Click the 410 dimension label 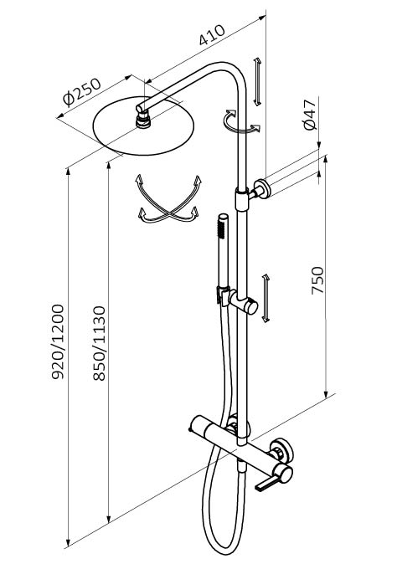click(212, 35)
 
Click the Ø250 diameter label click(82, 92)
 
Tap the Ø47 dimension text click(310, 115)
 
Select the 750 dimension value click(317, 280)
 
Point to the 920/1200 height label click(58, 341)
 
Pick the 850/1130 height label click(99, 343)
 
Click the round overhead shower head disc click(143, 126)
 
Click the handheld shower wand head click(223, 226)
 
